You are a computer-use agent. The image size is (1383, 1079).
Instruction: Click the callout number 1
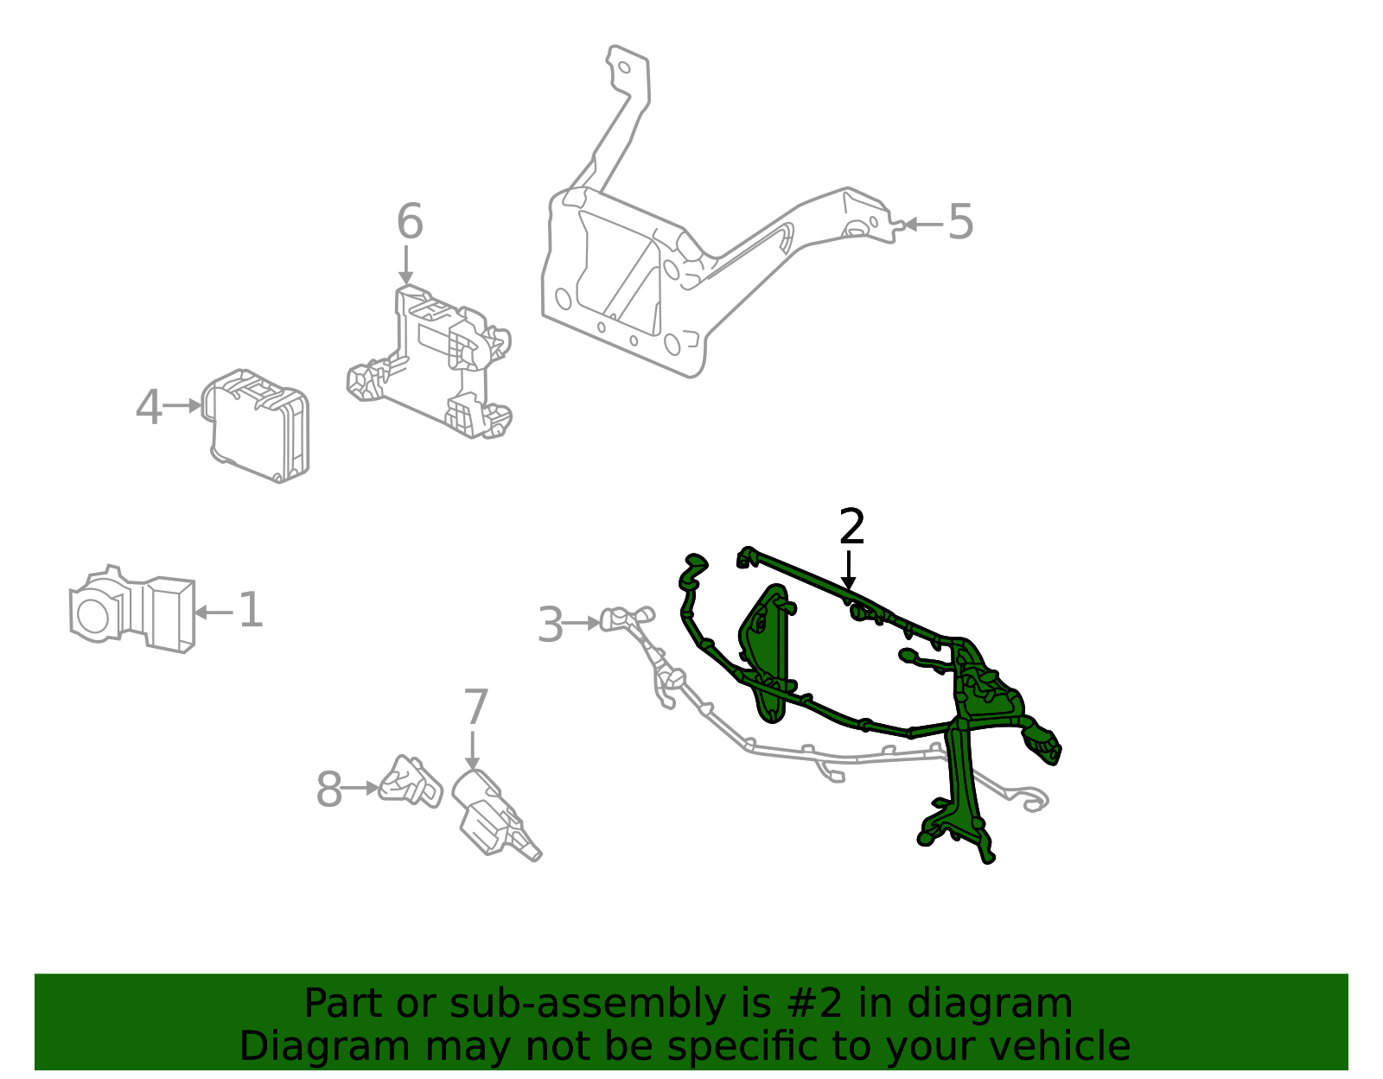click(250, 611)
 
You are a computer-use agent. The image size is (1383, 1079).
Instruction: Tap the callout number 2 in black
click(851, 527)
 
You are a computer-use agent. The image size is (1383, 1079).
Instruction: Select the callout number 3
click(550, 625)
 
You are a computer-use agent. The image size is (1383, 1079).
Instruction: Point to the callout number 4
click(149, 407)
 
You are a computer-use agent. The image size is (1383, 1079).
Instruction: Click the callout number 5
click(960, 222)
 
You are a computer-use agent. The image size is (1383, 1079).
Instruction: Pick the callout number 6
click(410, 222)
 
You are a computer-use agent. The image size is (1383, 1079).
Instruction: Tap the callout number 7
click(475, 708)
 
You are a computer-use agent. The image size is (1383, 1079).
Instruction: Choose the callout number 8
click(329, 790)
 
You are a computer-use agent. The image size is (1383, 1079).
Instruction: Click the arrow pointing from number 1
click(213, 612)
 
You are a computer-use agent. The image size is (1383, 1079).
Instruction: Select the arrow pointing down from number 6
click(406, 264)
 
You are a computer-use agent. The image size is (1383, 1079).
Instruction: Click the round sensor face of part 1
click(92, 614)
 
